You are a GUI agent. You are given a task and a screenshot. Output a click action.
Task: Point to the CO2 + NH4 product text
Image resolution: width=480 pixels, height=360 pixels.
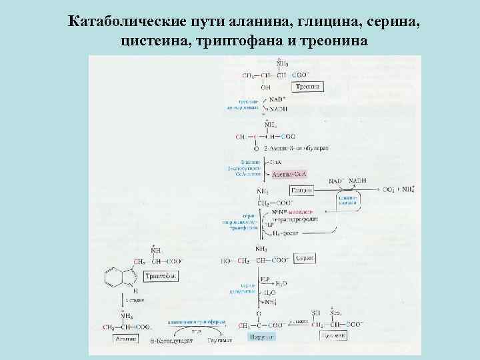(400, 189)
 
